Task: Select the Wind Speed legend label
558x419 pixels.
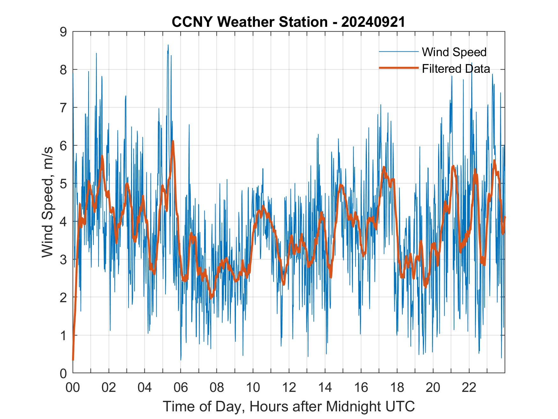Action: click(x=454, y=52)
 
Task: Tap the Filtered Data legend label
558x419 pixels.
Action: click(x=456, y=69)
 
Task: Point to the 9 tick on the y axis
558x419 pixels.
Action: click(x=63, y=32)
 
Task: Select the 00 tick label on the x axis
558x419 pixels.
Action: click(x=73, y=388)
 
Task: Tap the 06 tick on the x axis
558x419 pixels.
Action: click(x=181, y=388)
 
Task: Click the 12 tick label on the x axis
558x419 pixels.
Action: click(x=289, y=388)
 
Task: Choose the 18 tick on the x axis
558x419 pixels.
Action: click(x=397, y=388)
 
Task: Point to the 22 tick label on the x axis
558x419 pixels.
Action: click(x=469, y=388)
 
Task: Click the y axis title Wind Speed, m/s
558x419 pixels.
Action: click(x=48, y=203)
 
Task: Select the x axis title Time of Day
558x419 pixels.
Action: click(x=289, y=406)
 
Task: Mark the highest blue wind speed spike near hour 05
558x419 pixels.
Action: click(x=168, y=45)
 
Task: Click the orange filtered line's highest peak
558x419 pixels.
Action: click(x=173, y=141)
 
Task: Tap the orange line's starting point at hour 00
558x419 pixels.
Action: click(x=73, y=360)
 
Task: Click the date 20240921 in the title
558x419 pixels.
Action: click(x=373, y=22)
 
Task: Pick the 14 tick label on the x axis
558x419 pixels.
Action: click(x=325, y=388)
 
